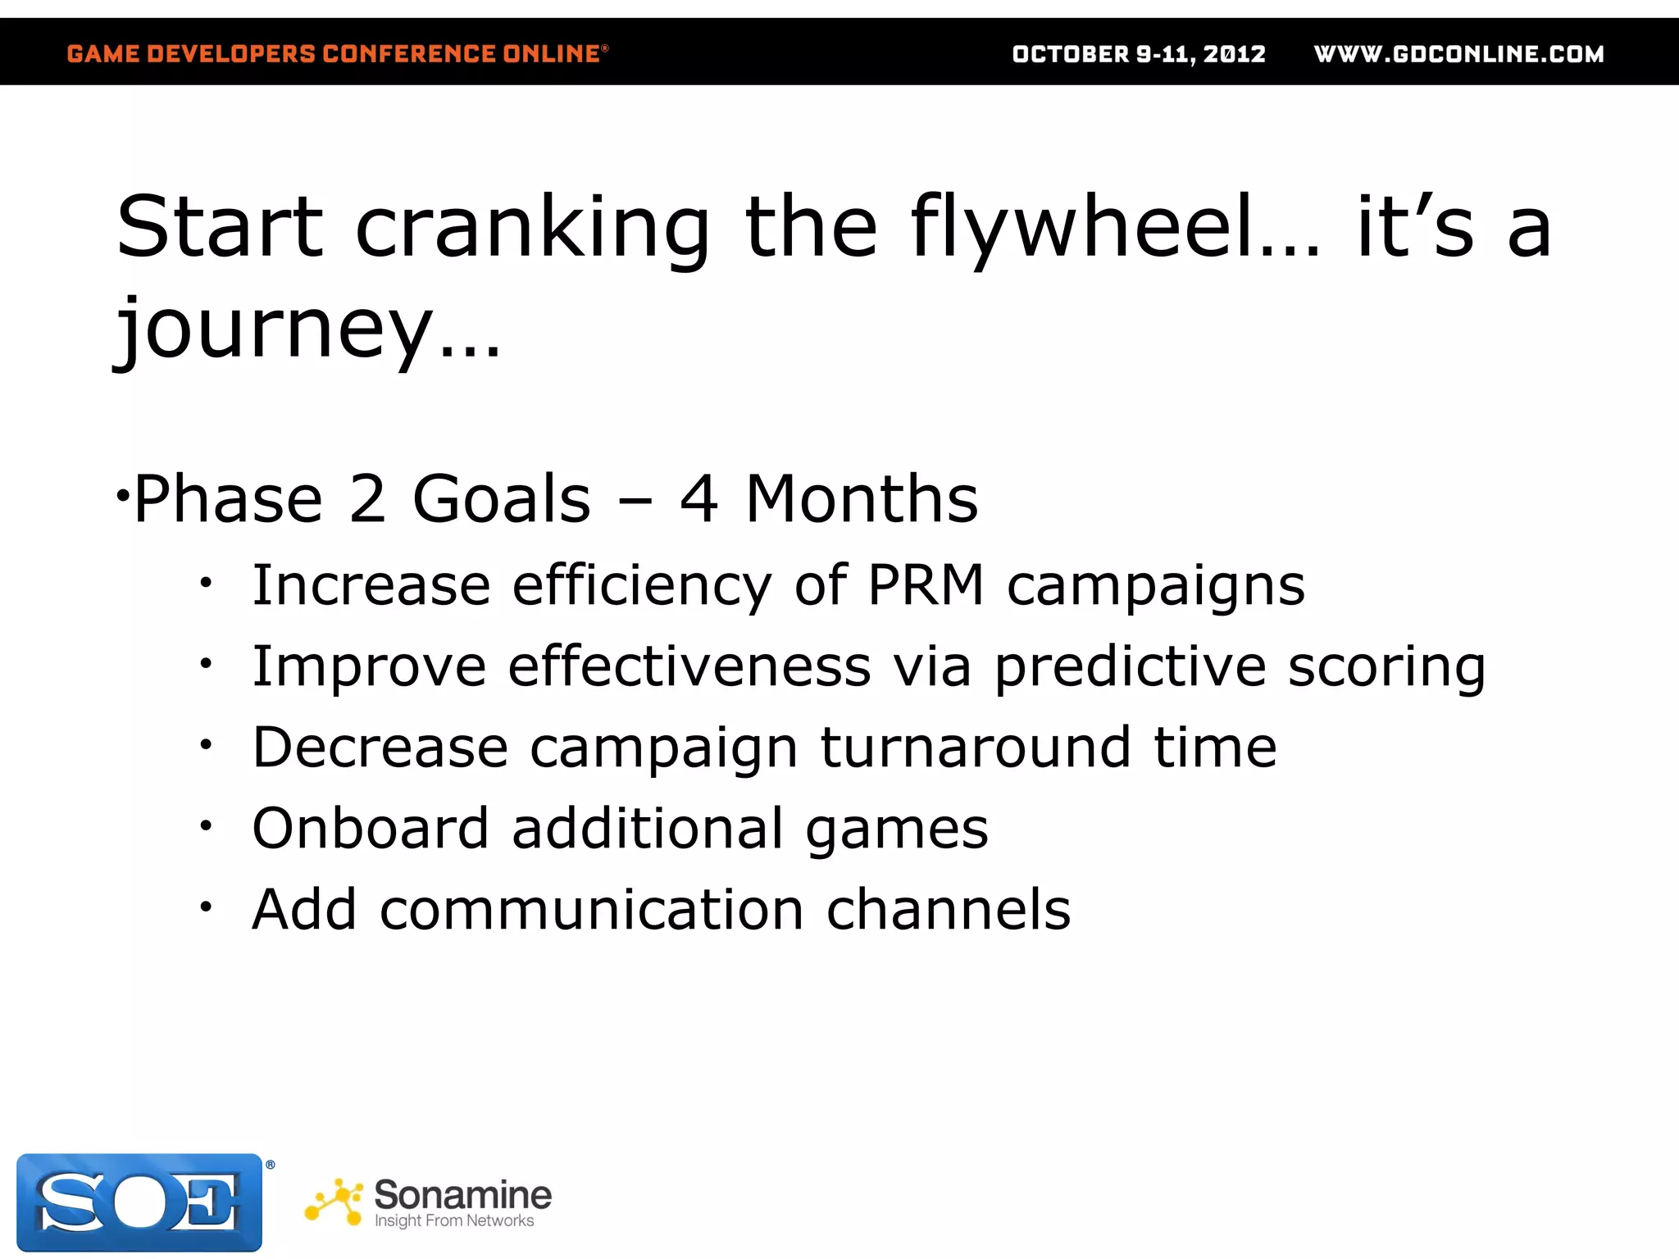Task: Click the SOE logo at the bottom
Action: pos(139,1202)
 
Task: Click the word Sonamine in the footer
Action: pos(463,1194)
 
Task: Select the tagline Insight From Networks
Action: pos(454,1221)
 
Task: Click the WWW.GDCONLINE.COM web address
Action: pos(1458,54)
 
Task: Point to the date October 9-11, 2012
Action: pos(1139,54)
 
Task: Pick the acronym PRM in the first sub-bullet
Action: pos(926,585)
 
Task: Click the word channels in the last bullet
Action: pos(949,910)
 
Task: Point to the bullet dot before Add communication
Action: pos(207,907)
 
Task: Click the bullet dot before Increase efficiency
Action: pos(207,583)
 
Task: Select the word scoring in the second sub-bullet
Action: pos(1386,666)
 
